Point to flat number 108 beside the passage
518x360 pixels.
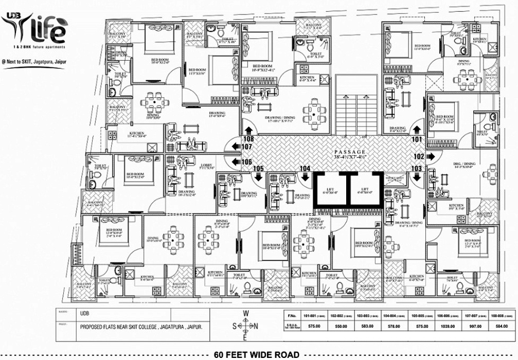click(248, 139)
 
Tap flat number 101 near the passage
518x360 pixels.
click(416, 139)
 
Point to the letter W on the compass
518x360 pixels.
click(246, 314)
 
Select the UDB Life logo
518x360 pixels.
click(35, 31)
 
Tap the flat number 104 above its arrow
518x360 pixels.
click(305, 169)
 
